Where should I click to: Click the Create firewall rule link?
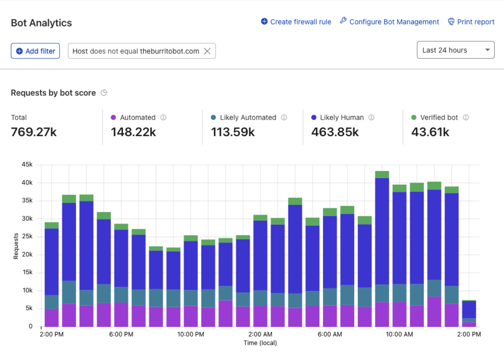296,22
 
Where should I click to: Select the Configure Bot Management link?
389,22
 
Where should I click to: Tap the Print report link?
471,22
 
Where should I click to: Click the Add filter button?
35,51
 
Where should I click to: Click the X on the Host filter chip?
207,51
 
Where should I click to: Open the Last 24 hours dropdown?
455,50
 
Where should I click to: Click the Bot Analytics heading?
41,23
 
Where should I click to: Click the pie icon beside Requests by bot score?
104,93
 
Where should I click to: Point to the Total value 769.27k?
34,132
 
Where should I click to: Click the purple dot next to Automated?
113,117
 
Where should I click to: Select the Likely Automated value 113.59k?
233,132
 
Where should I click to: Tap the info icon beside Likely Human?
371,117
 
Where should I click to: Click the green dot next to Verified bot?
414,117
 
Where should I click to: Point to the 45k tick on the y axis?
27,164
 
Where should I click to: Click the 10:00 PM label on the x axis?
191,334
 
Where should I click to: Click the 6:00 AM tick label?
330,334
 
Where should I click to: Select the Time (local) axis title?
260,343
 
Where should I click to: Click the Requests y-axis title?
16,246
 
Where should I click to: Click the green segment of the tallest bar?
382,175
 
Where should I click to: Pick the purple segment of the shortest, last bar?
469,324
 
